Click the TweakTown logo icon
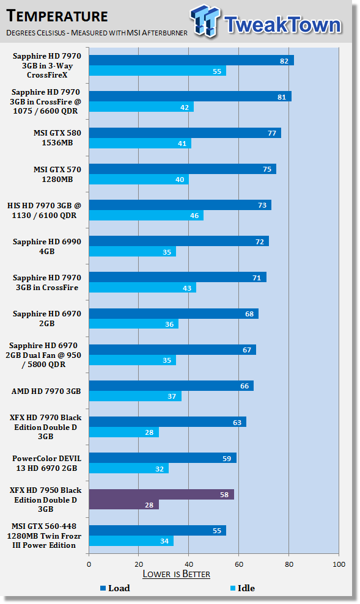tap(205, 21)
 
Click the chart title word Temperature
tap(57, 16)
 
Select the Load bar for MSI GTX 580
tap(185, 133)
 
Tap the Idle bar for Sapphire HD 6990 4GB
tap(133, 252)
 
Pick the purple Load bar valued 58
tap(161, 495)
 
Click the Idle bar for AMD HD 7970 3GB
tap(135, 396)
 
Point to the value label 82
tap(284, 61)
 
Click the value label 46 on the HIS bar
tap(194, 216)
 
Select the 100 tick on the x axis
tap(339, 564)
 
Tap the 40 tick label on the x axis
tap(188, 564)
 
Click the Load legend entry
tap(115, 588)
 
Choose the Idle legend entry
tap(243, 588)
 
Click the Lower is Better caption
tap(177, 574)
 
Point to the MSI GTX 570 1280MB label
tap(57, 174)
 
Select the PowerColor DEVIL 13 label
tap(46, 464)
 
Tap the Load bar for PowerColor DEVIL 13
tap(163, 458)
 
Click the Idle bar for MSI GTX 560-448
tap(131, 541)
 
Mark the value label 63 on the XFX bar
tap(237, 423)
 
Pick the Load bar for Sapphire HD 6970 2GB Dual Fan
tap(172, 350)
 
